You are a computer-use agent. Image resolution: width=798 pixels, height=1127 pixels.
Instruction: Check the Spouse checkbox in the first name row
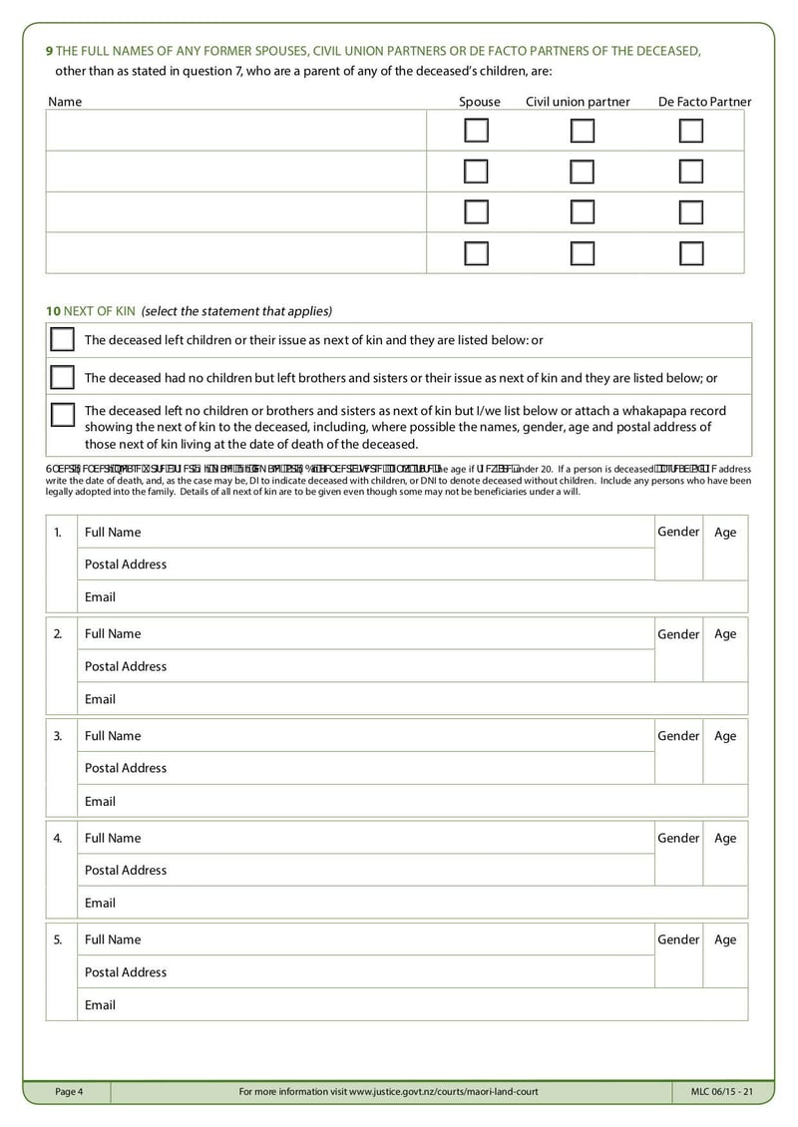[x=477, y=131]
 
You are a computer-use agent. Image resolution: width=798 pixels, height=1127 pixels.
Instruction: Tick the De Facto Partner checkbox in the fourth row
[x=691, y=253]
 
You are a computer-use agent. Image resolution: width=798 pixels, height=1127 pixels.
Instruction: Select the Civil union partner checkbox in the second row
[x=583, y=172]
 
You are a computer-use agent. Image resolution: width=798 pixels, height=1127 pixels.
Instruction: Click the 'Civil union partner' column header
[x=578, y=102]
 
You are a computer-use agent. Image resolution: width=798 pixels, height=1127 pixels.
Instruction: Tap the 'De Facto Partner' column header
[x=704, y=102]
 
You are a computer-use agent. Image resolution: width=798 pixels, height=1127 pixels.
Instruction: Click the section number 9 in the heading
[x=50, y=51]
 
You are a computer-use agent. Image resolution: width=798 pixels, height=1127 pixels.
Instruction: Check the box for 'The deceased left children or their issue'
[x=63, y=340]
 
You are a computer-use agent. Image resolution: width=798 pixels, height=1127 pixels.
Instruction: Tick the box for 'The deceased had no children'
[x=63, y=378]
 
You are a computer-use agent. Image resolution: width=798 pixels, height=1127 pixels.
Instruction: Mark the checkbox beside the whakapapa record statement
[x=63, y=414]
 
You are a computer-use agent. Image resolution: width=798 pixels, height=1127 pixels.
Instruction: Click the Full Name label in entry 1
[x=113, y=532]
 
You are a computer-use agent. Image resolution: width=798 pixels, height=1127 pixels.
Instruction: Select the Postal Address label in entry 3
[x=126, y=768]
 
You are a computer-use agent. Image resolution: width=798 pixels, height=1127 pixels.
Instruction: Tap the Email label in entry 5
[x=100, y=1004]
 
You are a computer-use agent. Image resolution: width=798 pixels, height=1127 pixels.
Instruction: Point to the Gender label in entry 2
[x=678, y=634]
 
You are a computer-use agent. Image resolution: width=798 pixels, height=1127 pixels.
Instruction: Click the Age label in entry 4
[x=725, y=839]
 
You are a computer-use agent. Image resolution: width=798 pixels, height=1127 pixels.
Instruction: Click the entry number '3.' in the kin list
[x=58, y=736]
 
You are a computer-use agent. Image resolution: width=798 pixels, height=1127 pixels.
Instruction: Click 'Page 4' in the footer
[x=69, y=1092]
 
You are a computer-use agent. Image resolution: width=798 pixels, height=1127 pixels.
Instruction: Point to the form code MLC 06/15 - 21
[x=721, y=1092]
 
